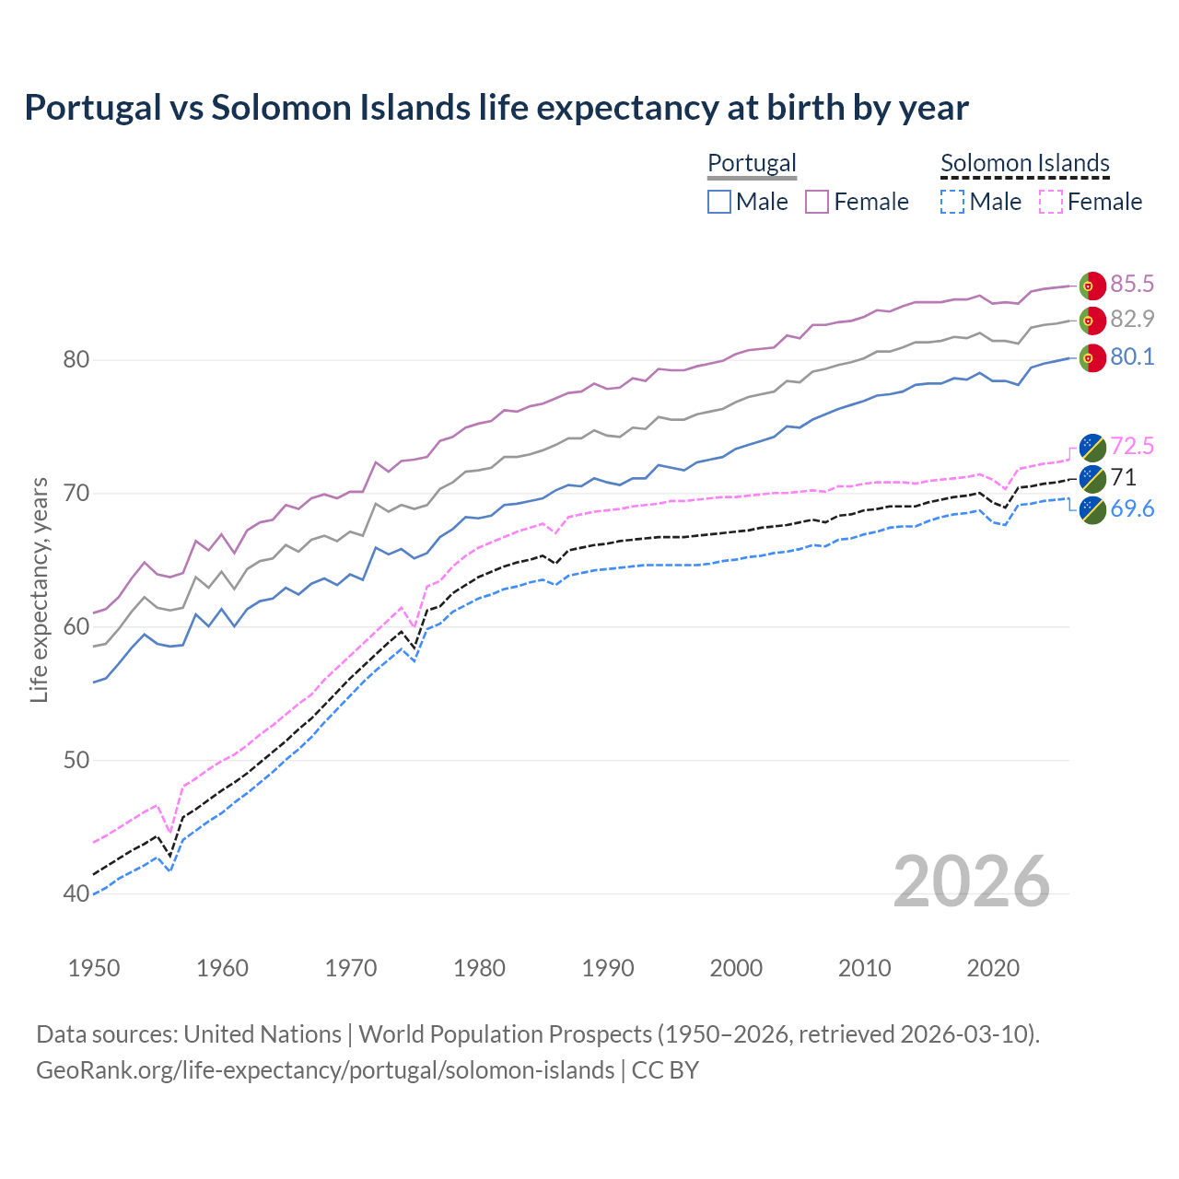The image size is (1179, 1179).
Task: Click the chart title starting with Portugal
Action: click(x=496, y=108)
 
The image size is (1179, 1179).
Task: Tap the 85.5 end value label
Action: click(x=1132, y=284)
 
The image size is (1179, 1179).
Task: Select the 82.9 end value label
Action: click(x=1132, y=319)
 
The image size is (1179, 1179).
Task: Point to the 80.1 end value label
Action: click(x=1132, y=356)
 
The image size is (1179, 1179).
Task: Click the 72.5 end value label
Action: click(x=1132, y=447)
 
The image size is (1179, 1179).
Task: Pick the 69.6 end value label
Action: click(x=1132, y=508)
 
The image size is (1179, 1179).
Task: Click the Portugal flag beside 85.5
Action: click(x=1091, y=286)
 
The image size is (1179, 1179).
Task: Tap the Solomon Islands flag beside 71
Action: click(x=1091, y=477)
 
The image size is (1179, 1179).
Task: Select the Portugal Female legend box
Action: click(x=817, y=202)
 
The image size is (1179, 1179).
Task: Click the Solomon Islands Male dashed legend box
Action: click(x=952, y=202)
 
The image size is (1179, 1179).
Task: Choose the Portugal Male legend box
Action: click(x=719, y=202)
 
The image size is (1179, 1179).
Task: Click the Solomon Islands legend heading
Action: click(x=1024, y=163)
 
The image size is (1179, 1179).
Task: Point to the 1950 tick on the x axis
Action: click(x=94, y=968)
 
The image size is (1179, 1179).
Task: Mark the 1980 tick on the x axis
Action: click(x=479, y=968)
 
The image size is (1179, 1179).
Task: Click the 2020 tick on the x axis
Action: click(x=993, y=968)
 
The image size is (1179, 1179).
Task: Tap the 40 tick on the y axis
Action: click(x=76, y=893)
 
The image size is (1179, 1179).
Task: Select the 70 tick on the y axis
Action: click(x=76, y=493)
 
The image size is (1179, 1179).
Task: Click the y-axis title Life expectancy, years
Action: click(x=39, y=589)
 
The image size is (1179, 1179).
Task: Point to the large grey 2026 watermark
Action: click(x=971, y=881)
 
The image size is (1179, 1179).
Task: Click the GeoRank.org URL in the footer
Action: click(x=325, y=1070)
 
